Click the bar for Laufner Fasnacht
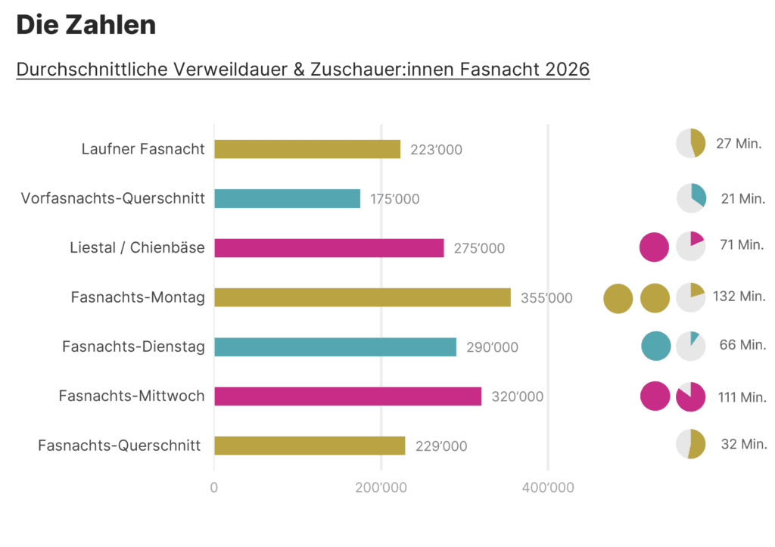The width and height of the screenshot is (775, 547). pos(307,149)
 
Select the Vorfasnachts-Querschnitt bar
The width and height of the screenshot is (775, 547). pos(288,199)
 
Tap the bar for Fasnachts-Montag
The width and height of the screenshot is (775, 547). pos(362,297)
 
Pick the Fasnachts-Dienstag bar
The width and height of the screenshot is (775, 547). pos(335,347)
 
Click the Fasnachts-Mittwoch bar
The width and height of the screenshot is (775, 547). pos(347,396)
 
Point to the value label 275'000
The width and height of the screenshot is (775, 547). pos(478,248)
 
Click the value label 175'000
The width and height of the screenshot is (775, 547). pos(394,199)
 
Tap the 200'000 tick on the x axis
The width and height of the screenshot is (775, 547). pos(381,488)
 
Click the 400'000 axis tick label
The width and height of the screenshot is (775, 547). pos(548,488)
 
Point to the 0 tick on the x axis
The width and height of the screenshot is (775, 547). pos(214,488)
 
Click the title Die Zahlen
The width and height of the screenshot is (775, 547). pos(86,26)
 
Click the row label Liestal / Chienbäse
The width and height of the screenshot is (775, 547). pos(137,247)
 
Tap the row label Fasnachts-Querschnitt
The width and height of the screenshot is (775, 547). pos(119,446)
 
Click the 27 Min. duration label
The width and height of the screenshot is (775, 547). pos(739,144)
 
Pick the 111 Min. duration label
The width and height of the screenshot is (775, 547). pos(741,396)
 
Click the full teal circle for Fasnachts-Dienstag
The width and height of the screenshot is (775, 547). pos(655,346)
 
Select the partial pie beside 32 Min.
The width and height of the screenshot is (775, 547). pos(690,444)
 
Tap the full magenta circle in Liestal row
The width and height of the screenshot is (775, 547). pos(653,247)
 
